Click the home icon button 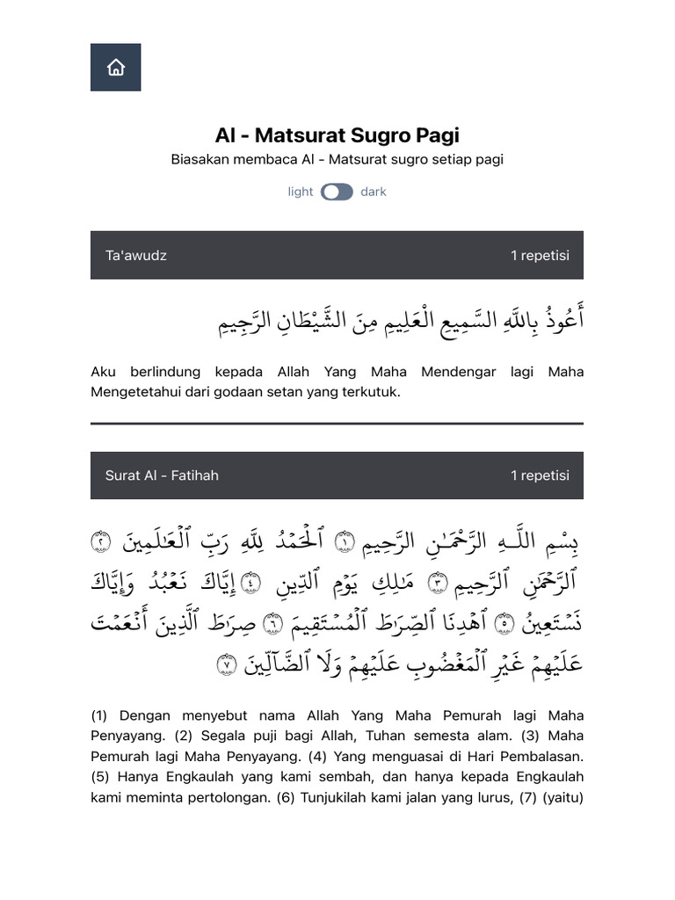115,68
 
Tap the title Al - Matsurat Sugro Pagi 337,135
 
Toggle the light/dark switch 337,192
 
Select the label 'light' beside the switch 300,192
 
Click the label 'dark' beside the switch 373,192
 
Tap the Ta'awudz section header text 136,256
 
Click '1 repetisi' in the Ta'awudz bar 540,256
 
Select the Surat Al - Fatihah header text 162,475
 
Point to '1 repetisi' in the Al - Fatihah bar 540,475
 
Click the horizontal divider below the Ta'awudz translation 337,424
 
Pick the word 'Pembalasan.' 547,756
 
